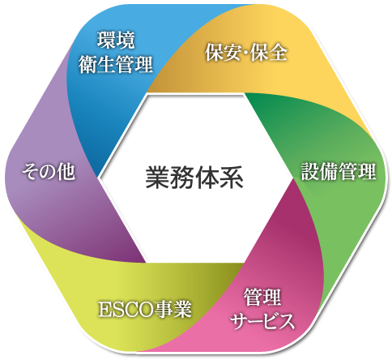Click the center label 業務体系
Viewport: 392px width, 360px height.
click(x=194, y=178)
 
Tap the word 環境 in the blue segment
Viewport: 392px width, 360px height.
click(x=116, y=41)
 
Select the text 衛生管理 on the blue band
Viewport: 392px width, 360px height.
click(x=116, y=64)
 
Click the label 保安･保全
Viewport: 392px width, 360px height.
click(x=245, y=52)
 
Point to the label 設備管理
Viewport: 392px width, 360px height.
click(x=339, y=171)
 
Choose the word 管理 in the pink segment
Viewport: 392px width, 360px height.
click(x=262, y=297)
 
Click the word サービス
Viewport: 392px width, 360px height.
click(x=262, y=321)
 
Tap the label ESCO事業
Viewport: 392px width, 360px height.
click(x=145, y=309)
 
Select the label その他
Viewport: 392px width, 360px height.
click(x=49, y=171)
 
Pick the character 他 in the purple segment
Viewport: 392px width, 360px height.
click(x=66, y=171)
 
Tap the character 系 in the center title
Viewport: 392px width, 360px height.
click(x=232, y=178)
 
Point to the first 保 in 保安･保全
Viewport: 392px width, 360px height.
click(x=214, y=52)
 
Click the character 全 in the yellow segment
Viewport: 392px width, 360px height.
click(x=278, y=52)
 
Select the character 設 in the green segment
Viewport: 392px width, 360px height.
click(x=310, y=171)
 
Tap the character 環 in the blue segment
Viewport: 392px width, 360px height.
click(x=106, y=41)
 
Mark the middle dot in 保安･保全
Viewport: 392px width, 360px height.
click(x=246, y=52)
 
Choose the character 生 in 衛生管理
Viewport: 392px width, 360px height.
click(x=106, y=64)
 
